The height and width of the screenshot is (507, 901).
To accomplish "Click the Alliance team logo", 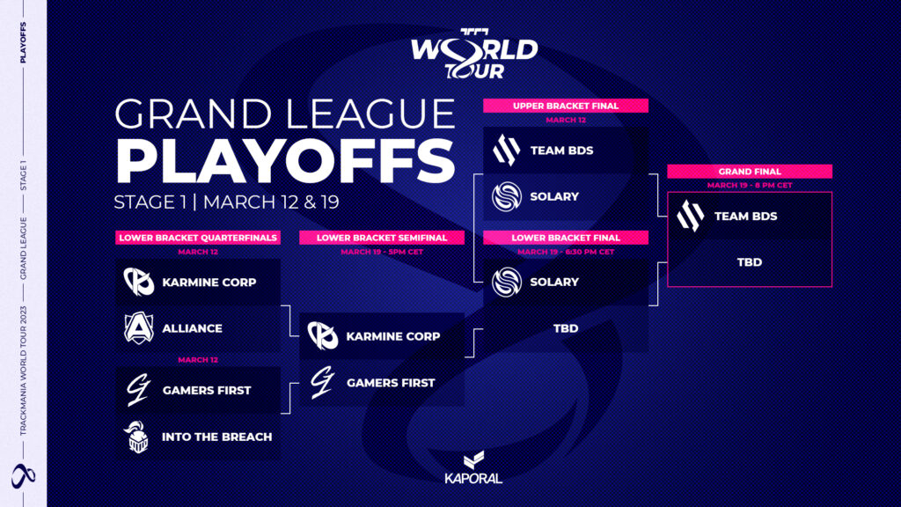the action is (x=138, y=328).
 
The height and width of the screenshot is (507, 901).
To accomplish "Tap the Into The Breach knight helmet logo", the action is (x=137, y=437).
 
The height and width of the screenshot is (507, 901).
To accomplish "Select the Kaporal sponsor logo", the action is (x=473, y=467).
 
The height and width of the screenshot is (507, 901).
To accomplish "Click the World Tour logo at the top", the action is (x=474, y=54).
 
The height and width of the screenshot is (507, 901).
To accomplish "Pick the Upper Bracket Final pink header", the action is (x=566, y=106).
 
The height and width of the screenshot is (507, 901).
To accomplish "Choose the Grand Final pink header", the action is (x=750, y=172).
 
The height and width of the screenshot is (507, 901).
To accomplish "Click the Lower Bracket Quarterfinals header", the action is (x=198, y=238).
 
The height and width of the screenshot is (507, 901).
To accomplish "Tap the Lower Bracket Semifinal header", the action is (x=382, y=238).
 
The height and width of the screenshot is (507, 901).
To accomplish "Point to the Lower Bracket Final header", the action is (x=566, y=238).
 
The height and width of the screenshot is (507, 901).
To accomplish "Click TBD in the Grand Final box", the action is (x=750, y=262).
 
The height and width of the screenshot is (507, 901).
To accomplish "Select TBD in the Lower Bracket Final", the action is (x=566, y=328).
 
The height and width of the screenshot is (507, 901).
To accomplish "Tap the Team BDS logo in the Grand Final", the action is (x=690, y=216).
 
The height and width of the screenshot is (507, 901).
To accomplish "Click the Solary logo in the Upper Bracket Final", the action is (x=506, y=196).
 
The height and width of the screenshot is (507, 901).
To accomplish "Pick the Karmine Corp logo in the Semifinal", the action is (x=322, y=336).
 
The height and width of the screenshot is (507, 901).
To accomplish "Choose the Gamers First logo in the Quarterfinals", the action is (x=138, y=390).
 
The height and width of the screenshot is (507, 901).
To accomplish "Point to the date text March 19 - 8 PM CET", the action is (x=750, y=185).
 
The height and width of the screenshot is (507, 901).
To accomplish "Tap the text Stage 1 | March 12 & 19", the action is (x=226, y=202).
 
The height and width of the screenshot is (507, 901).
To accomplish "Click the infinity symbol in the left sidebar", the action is (x=24, y=475).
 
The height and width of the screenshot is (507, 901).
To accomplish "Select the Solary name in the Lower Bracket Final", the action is (x=554, y=283).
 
